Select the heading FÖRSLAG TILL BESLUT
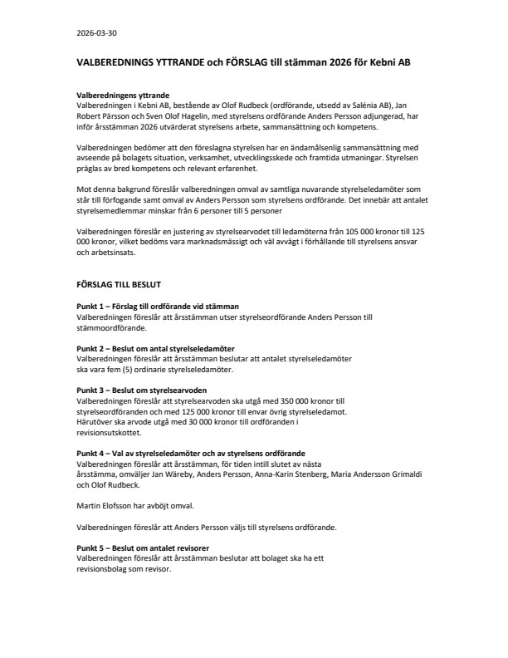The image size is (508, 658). point(119,283)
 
